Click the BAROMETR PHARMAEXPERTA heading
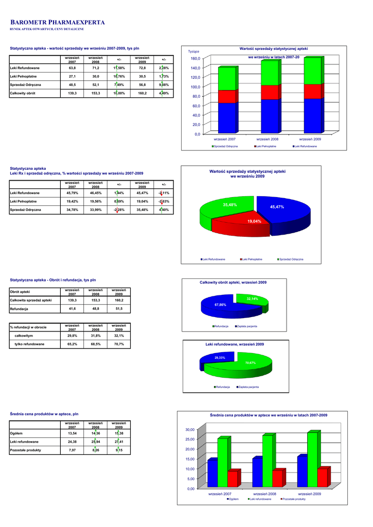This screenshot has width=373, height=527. pyautogui.click(x=58, y=23)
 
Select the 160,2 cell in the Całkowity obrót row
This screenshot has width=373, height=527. pyautogui.click(x=142, y=93)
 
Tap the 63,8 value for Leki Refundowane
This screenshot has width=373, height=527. pyautogui.click(x=72, y=68)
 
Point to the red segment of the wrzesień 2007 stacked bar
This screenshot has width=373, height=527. pyautogui.click(x=227, y=96)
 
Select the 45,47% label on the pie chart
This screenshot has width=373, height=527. pyautogui.click(x=277, y=206)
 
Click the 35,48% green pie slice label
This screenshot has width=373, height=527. pyautogui.click(x=229, y=205)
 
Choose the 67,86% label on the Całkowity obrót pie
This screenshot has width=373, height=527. pyautogui.click(x=220, y=305)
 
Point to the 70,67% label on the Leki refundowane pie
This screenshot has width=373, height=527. pyautogui.click(x=251, y=363)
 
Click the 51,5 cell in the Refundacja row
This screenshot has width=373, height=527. pyautogui.click(x=119, y=308)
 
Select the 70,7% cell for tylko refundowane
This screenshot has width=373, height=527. pyautogui.click(x=119, y=344)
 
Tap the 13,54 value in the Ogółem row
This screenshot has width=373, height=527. pyautogui.click(x=72, y=433)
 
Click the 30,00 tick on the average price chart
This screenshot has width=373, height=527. pyautogui.click(x=190, y=429)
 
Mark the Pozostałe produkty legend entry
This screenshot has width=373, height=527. pyautogui.click(x=294, y=499)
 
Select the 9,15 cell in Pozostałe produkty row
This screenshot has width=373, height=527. pyautogui.click(x=119, y=450)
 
